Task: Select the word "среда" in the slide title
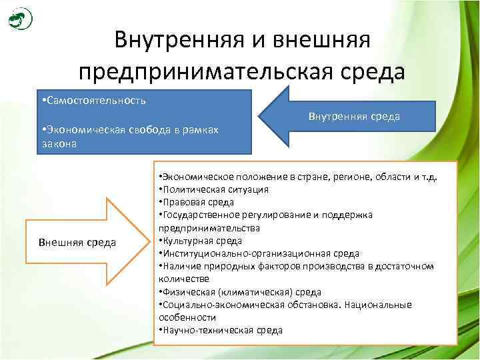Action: coord(367,69)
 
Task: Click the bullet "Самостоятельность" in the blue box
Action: coord(95,101)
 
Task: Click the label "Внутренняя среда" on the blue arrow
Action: coord(354,117)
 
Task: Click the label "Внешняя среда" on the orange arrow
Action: coord(77,241)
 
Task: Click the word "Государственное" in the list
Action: coord(199,215)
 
